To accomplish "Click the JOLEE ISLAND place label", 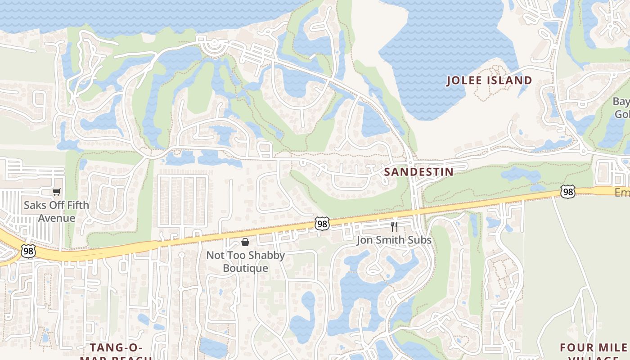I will (489, 81).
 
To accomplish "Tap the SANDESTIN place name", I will (418, 172).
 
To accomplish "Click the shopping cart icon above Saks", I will (56, 192).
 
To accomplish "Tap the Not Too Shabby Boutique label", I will (245, 261).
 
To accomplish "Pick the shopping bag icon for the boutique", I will (245, 243).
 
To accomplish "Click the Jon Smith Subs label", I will (394, 240).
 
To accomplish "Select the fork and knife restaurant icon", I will (394, 226).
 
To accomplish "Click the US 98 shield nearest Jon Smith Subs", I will (322, 223).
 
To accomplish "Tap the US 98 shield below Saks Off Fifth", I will (28, 251).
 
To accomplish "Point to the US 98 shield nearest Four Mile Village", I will (568, 192).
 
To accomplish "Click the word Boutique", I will (245, 268).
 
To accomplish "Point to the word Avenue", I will (56, 218).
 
